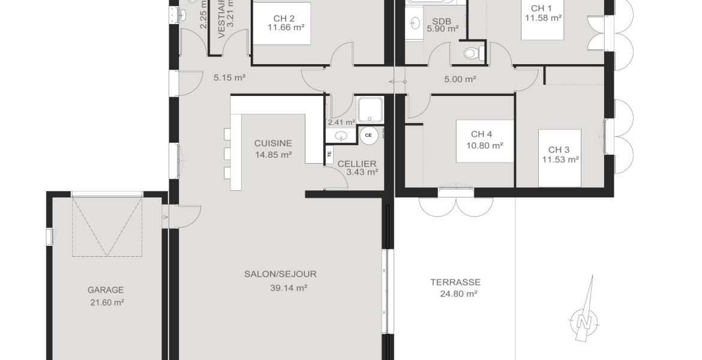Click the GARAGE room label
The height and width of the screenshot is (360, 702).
(x=105, y=289)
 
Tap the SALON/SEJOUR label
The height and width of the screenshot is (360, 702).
(x=280, y=274)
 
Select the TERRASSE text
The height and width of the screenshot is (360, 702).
(x=455, y=281)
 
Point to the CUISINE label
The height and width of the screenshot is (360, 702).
(x=273, y=143)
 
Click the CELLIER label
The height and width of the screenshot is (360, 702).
(x=357, y=164)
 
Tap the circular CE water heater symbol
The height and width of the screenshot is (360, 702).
(x=368, y=135)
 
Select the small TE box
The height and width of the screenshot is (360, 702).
(x=329, y=155)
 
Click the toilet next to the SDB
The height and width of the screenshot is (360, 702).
(x=473, y=53)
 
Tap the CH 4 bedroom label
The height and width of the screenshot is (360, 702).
(x=482, y=134)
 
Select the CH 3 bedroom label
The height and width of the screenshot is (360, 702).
(x=559, y=149)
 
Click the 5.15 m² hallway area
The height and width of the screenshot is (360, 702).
(x=230, y=77)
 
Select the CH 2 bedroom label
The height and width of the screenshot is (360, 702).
(x=280, y=17)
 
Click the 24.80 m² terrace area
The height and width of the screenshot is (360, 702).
(x=454, y=294)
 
